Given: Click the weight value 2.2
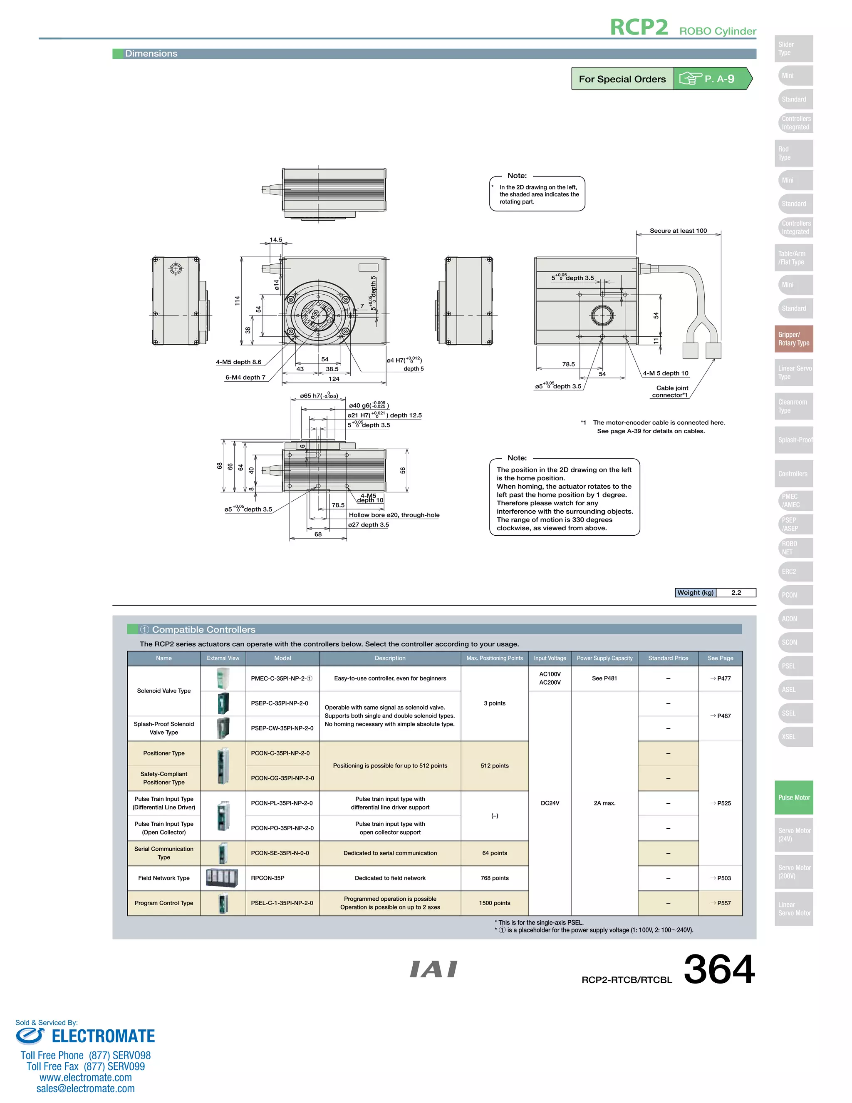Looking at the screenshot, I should pos(736,592).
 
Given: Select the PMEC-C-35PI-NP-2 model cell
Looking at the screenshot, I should pos(282,678).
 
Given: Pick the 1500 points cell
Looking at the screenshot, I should pos(494,903).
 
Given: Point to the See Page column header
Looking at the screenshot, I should pos(720,658).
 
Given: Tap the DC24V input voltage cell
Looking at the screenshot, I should pos(550,803).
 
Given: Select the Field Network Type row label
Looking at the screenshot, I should pos(163,878).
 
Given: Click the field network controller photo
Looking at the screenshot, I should pos(222,878).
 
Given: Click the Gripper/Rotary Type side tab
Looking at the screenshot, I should pos(793,339).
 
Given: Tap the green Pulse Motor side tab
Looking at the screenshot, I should pos(793,797).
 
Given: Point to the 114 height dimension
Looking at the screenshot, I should pos(237,301).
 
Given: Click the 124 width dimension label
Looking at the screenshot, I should pos(334,379).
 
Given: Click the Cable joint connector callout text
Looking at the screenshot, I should pos(671,391).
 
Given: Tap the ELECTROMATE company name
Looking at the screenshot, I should pos(103,1036).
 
